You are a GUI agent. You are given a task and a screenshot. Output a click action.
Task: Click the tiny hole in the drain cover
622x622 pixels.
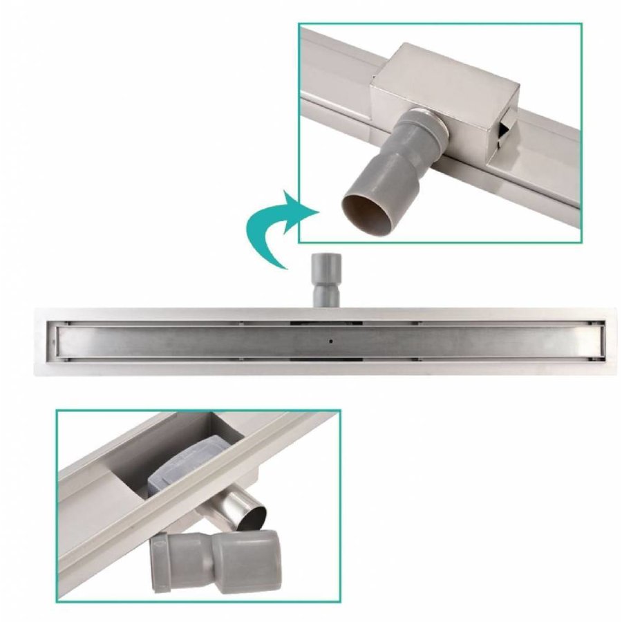tap(331, 341)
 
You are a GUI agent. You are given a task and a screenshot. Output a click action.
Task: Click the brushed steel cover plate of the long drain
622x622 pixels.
tap(207, 341)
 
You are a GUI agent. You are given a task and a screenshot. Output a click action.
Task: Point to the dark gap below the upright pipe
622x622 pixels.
tap(325, 321)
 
